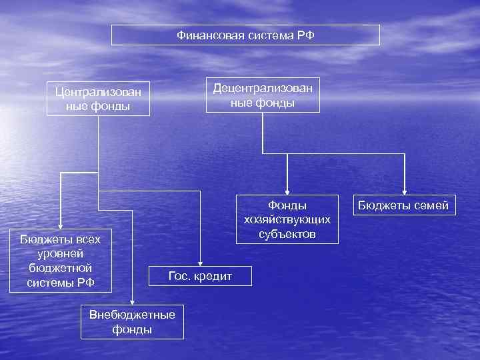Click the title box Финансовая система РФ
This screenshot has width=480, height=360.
click(245, 35)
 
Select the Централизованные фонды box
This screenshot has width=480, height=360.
click(98, 99)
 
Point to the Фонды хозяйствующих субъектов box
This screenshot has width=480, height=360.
click(287, 219)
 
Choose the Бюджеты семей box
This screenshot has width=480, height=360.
click(405, 206)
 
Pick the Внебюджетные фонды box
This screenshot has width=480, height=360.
click(132, 321)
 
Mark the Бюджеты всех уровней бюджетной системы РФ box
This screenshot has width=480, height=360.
click(61, 261)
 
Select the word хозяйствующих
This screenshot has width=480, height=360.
click(287, 219)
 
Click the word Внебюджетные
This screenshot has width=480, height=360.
click(132, 315)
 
